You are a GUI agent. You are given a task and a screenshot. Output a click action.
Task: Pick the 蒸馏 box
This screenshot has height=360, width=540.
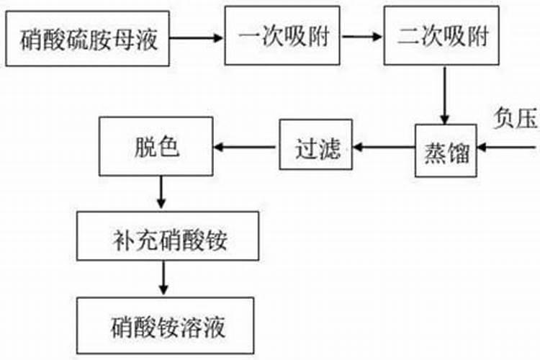click(x=446, y=149)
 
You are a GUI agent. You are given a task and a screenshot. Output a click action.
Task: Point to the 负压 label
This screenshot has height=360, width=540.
click(x=516, y=118)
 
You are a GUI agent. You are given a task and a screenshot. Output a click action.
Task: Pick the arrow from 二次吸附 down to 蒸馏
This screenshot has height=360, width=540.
click(x=446, y=94)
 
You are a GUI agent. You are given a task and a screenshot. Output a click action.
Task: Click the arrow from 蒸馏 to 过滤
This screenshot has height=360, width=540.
click(x=382, y=149)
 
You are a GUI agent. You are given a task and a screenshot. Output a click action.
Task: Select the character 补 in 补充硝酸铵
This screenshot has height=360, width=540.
click(x=120, y=237)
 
